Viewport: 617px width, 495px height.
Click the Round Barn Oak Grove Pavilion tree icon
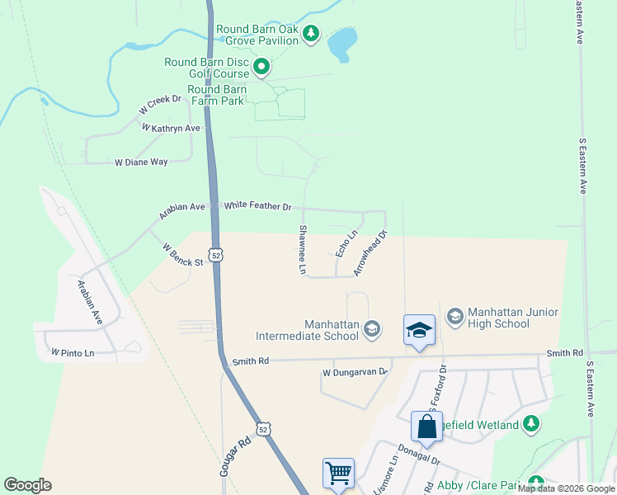pos(310,35)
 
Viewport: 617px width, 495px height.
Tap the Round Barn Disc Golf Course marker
pos(261,67)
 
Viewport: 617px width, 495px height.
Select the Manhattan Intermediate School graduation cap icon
pos(372,329)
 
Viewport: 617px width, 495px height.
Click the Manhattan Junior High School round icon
pos(455,316)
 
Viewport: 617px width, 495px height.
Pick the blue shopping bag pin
pos(426,427)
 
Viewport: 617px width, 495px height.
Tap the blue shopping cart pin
pos(338,474)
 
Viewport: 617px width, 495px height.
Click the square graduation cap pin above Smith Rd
pos(419,331)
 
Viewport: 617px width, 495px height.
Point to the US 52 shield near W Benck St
pos(214,256)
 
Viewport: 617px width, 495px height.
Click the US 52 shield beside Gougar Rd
pos(262,430)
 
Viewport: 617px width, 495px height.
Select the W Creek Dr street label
pos(160,104)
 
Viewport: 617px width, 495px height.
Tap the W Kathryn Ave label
pos(172,129)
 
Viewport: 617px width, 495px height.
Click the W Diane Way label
pos(141,163)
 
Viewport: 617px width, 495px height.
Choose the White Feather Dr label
pos(257,205)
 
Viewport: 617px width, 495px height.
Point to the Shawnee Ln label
pos(302,250)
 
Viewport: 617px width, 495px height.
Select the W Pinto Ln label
pos(73,352)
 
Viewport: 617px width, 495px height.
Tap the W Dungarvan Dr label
pos(355,372)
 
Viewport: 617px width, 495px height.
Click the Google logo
pos(27,485)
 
